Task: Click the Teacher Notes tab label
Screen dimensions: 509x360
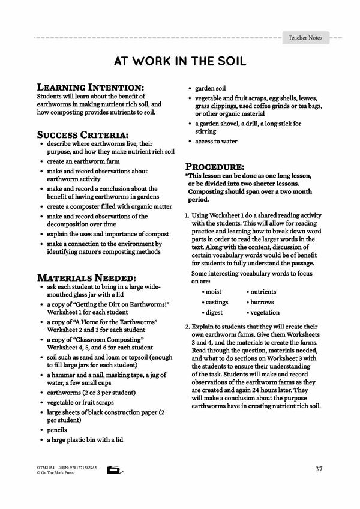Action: (x=305, y=37)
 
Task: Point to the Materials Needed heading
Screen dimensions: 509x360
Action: (x=86, y=278)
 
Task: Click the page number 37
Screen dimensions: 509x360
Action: (x=320, y=468)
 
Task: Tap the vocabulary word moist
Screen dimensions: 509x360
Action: (x=214, y=292)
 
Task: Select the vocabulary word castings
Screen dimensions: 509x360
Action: (x=217, y=302)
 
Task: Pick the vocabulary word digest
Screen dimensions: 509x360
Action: (x=214, y=313)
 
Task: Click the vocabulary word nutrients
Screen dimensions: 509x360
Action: (x=265, y=292)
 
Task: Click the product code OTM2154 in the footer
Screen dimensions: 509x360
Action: (x=46, y=466)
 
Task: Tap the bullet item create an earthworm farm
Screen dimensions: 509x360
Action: (x=83, y=162)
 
